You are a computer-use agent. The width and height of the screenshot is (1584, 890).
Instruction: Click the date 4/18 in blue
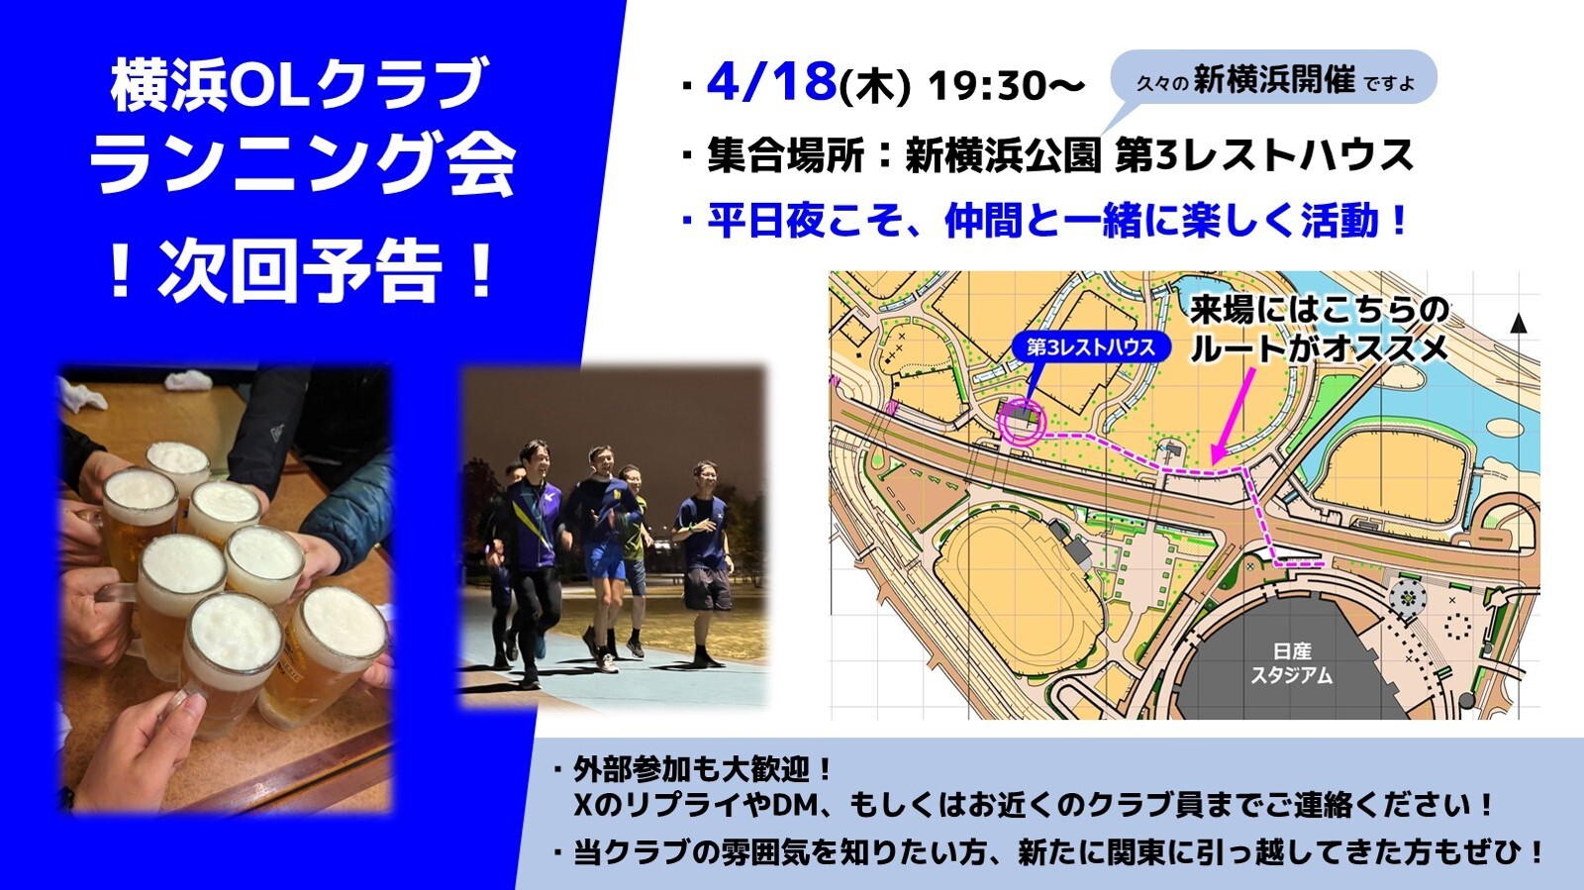(x=771, y=82)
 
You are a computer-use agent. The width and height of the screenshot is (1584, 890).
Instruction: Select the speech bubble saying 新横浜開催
(x=1273, y=79)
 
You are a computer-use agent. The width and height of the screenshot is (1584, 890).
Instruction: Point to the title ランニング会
(x=303, y=164)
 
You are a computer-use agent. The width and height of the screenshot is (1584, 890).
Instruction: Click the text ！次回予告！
(x=303, y=270)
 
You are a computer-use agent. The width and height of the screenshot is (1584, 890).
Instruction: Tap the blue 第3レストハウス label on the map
(x=1090, y=347)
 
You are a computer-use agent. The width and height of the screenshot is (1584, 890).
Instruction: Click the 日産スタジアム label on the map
(x=1291, y=662)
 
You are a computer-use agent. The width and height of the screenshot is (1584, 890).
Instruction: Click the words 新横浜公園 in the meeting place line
(x=1003, y=154)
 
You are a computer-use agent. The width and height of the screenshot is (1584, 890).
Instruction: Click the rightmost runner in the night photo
(x=705, y=563)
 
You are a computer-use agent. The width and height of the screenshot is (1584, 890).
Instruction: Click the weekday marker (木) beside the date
(x=874, y=88)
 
